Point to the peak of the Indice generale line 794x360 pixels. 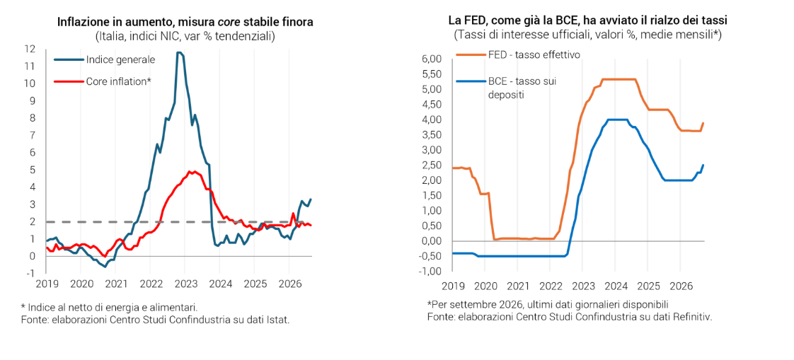pos(178,52)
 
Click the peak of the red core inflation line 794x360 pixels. pos(190,171)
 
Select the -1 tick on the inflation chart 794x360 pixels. pos(32,274)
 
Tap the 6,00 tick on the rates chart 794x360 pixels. pos(431,59)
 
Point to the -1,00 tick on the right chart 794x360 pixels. pos(430,272)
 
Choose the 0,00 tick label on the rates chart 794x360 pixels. pos(431,241)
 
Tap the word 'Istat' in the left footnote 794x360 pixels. pos(279,319)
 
